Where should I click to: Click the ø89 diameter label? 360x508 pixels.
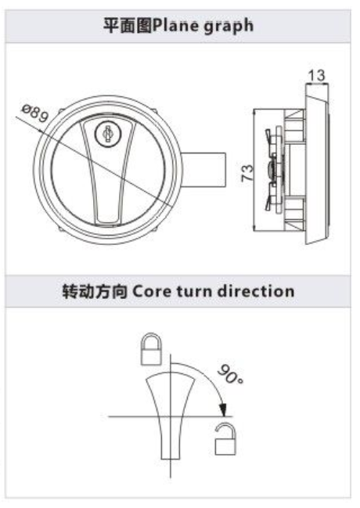point(35,113)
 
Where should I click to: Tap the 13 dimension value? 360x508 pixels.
point(316,75)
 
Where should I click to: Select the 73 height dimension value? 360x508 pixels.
point(247,173)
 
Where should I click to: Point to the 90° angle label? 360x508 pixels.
point(230,374)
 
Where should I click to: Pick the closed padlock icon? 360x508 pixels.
point(151,349)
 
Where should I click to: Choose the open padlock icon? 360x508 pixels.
point(225,439)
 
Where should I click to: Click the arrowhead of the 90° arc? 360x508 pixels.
point(222,409)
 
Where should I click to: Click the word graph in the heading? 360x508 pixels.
point(228,27)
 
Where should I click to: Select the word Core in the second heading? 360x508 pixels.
point(152,291)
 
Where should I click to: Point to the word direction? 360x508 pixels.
point(256,290)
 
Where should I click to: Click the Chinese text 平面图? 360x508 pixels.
point(128,26)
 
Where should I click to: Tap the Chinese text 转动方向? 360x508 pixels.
point(95,291)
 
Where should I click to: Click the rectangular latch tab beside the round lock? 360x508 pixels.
point(203,170)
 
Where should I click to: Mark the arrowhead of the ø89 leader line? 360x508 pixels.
point(40,131)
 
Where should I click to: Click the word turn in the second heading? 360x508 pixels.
point(194,291)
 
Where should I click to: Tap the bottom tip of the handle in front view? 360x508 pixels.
point(109,224)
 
